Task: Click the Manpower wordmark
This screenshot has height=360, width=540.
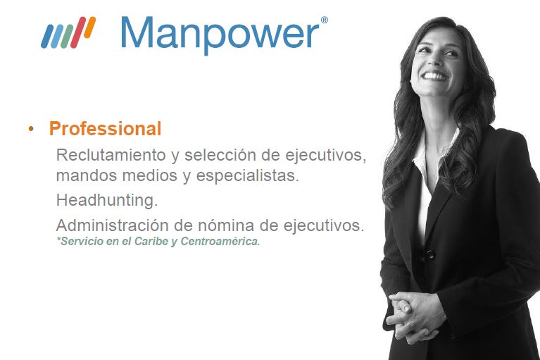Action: click(x=220, y=35)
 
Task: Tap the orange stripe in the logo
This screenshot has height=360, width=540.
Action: click(x=89, y=27)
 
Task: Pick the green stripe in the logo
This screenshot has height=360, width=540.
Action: click(x=67, y=36)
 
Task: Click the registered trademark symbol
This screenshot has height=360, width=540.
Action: click(x=324, y=20)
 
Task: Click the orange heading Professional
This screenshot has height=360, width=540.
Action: click(x=105, y=129)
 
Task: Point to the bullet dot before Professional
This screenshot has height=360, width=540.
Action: click(x=32, y=129)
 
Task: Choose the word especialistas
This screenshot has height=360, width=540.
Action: click(x=247, y=175)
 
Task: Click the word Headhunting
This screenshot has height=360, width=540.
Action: click(x=107, y=201)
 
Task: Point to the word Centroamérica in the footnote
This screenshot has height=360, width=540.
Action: click(x=220, y=241)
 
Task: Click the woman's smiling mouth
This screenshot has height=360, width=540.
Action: click(x=434, y=76)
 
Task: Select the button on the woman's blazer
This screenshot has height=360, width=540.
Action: click(x=430, y=254)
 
